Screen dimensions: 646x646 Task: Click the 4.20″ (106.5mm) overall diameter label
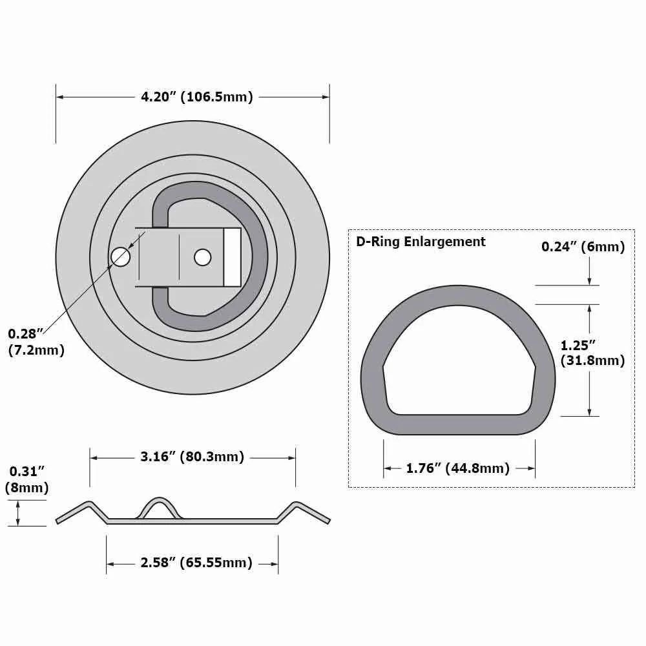pyautogui.click(x=196, y=97)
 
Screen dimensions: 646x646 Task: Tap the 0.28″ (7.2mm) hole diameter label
pyautogui.click(x=36, y=342)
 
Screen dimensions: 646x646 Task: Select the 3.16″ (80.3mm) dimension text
pyautogui.click(x=192, y=457)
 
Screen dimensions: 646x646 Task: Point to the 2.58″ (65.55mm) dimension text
pyautogui.click(x=196, y=563)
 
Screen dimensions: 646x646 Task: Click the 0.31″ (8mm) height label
pyautogui.click(x=26, y=480)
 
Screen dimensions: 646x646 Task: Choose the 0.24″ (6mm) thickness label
pyautogui.click(x=583, y=246)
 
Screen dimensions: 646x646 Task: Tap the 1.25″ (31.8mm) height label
pyautogui.click(x=592, y=353)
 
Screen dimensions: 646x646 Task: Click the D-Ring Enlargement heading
pyautogui.click(x=421, y=242)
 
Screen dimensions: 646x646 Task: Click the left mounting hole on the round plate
pyautogui.click(x=120, y=257)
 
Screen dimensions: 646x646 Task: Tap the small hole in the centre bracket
pyautogui.click(x=202, y=257)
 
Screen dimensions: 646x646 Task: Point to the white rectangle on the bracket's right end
pyautogui.click(x=232, y=257)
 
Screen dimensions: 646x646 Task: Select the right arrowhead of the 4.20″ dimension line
pyautogui.click(x=326, y=97)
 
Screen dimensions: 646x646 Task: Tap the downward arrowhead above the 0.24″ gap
pyautogui.click(x=589, y=281)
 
